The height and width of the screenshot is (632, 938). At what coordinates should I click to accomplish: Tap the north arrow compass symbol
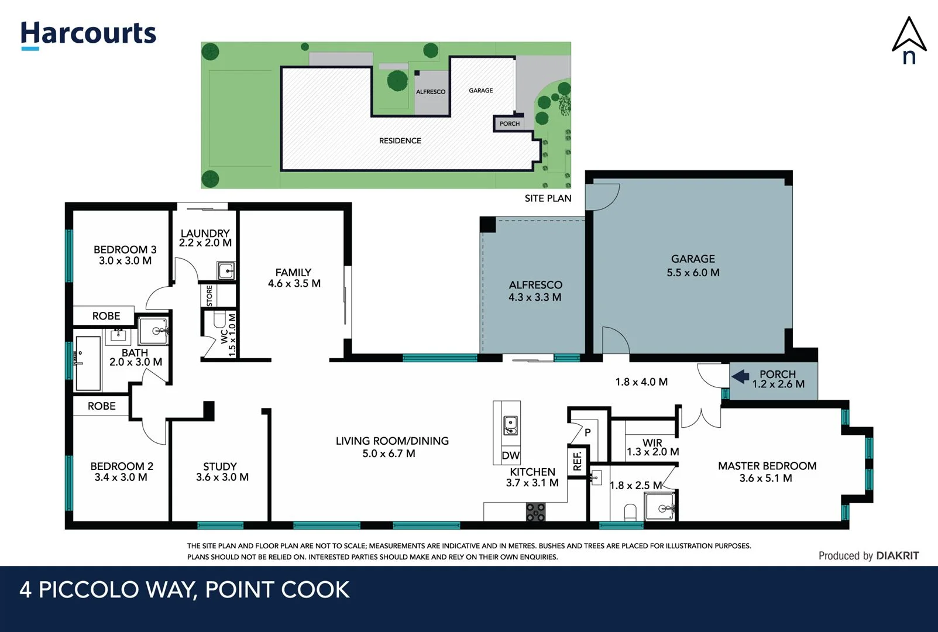[x=909, y=40]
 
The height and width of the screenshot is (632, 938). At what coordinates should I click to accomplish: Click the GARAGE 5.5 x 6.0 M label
[x=693, y=266]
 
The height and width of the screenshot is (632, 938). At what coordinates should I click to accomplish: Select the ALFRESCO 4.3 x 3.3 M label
[x=535, y=291]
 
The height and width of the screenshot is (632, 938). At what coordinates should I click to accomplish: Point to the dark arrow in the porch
[x=741, y=376]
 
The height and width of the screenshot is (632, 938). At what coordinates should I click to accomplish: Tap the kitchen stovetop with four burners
[x=535, y=511]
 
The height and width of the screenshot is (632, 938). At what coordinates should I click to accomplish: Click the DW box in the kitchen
[x=510, y=455]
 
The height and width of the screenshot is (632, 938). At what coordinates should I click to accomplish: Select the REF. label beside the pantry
[x=578, y=461]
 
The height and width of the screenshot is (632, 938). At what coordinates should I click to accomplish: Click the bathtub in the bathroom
[x=88, y=363]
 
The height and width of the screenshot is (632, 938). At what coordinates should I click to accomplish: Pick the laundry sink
[x=226, y=271]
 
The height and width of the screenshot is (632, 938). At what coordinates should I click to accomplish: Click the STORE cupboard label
[x=209, y=296]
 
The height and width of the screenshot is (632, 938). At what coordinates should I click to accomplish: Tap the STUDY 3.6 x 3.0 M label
[x=222, y=472]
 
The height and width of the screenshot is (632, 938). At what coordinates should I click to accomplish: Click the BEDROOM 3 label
[x=125, y=255]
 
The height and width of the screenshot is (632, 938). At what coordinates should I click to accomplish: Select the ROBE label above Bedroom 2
[x=101, y=406]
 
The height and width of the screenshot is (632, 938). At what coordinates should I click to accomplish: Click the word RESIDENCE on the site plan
[x=400, y=141]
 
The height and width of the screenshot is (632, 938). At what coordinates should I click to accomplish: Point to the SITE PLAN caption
[x=548, y=198]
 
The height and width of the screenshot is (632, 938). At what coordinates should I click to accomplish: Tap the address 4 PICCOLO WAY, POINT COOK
[x=184, y=590]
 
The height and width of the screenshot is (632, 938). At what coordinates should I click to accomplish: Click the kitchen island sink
[x=510, y=425]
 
